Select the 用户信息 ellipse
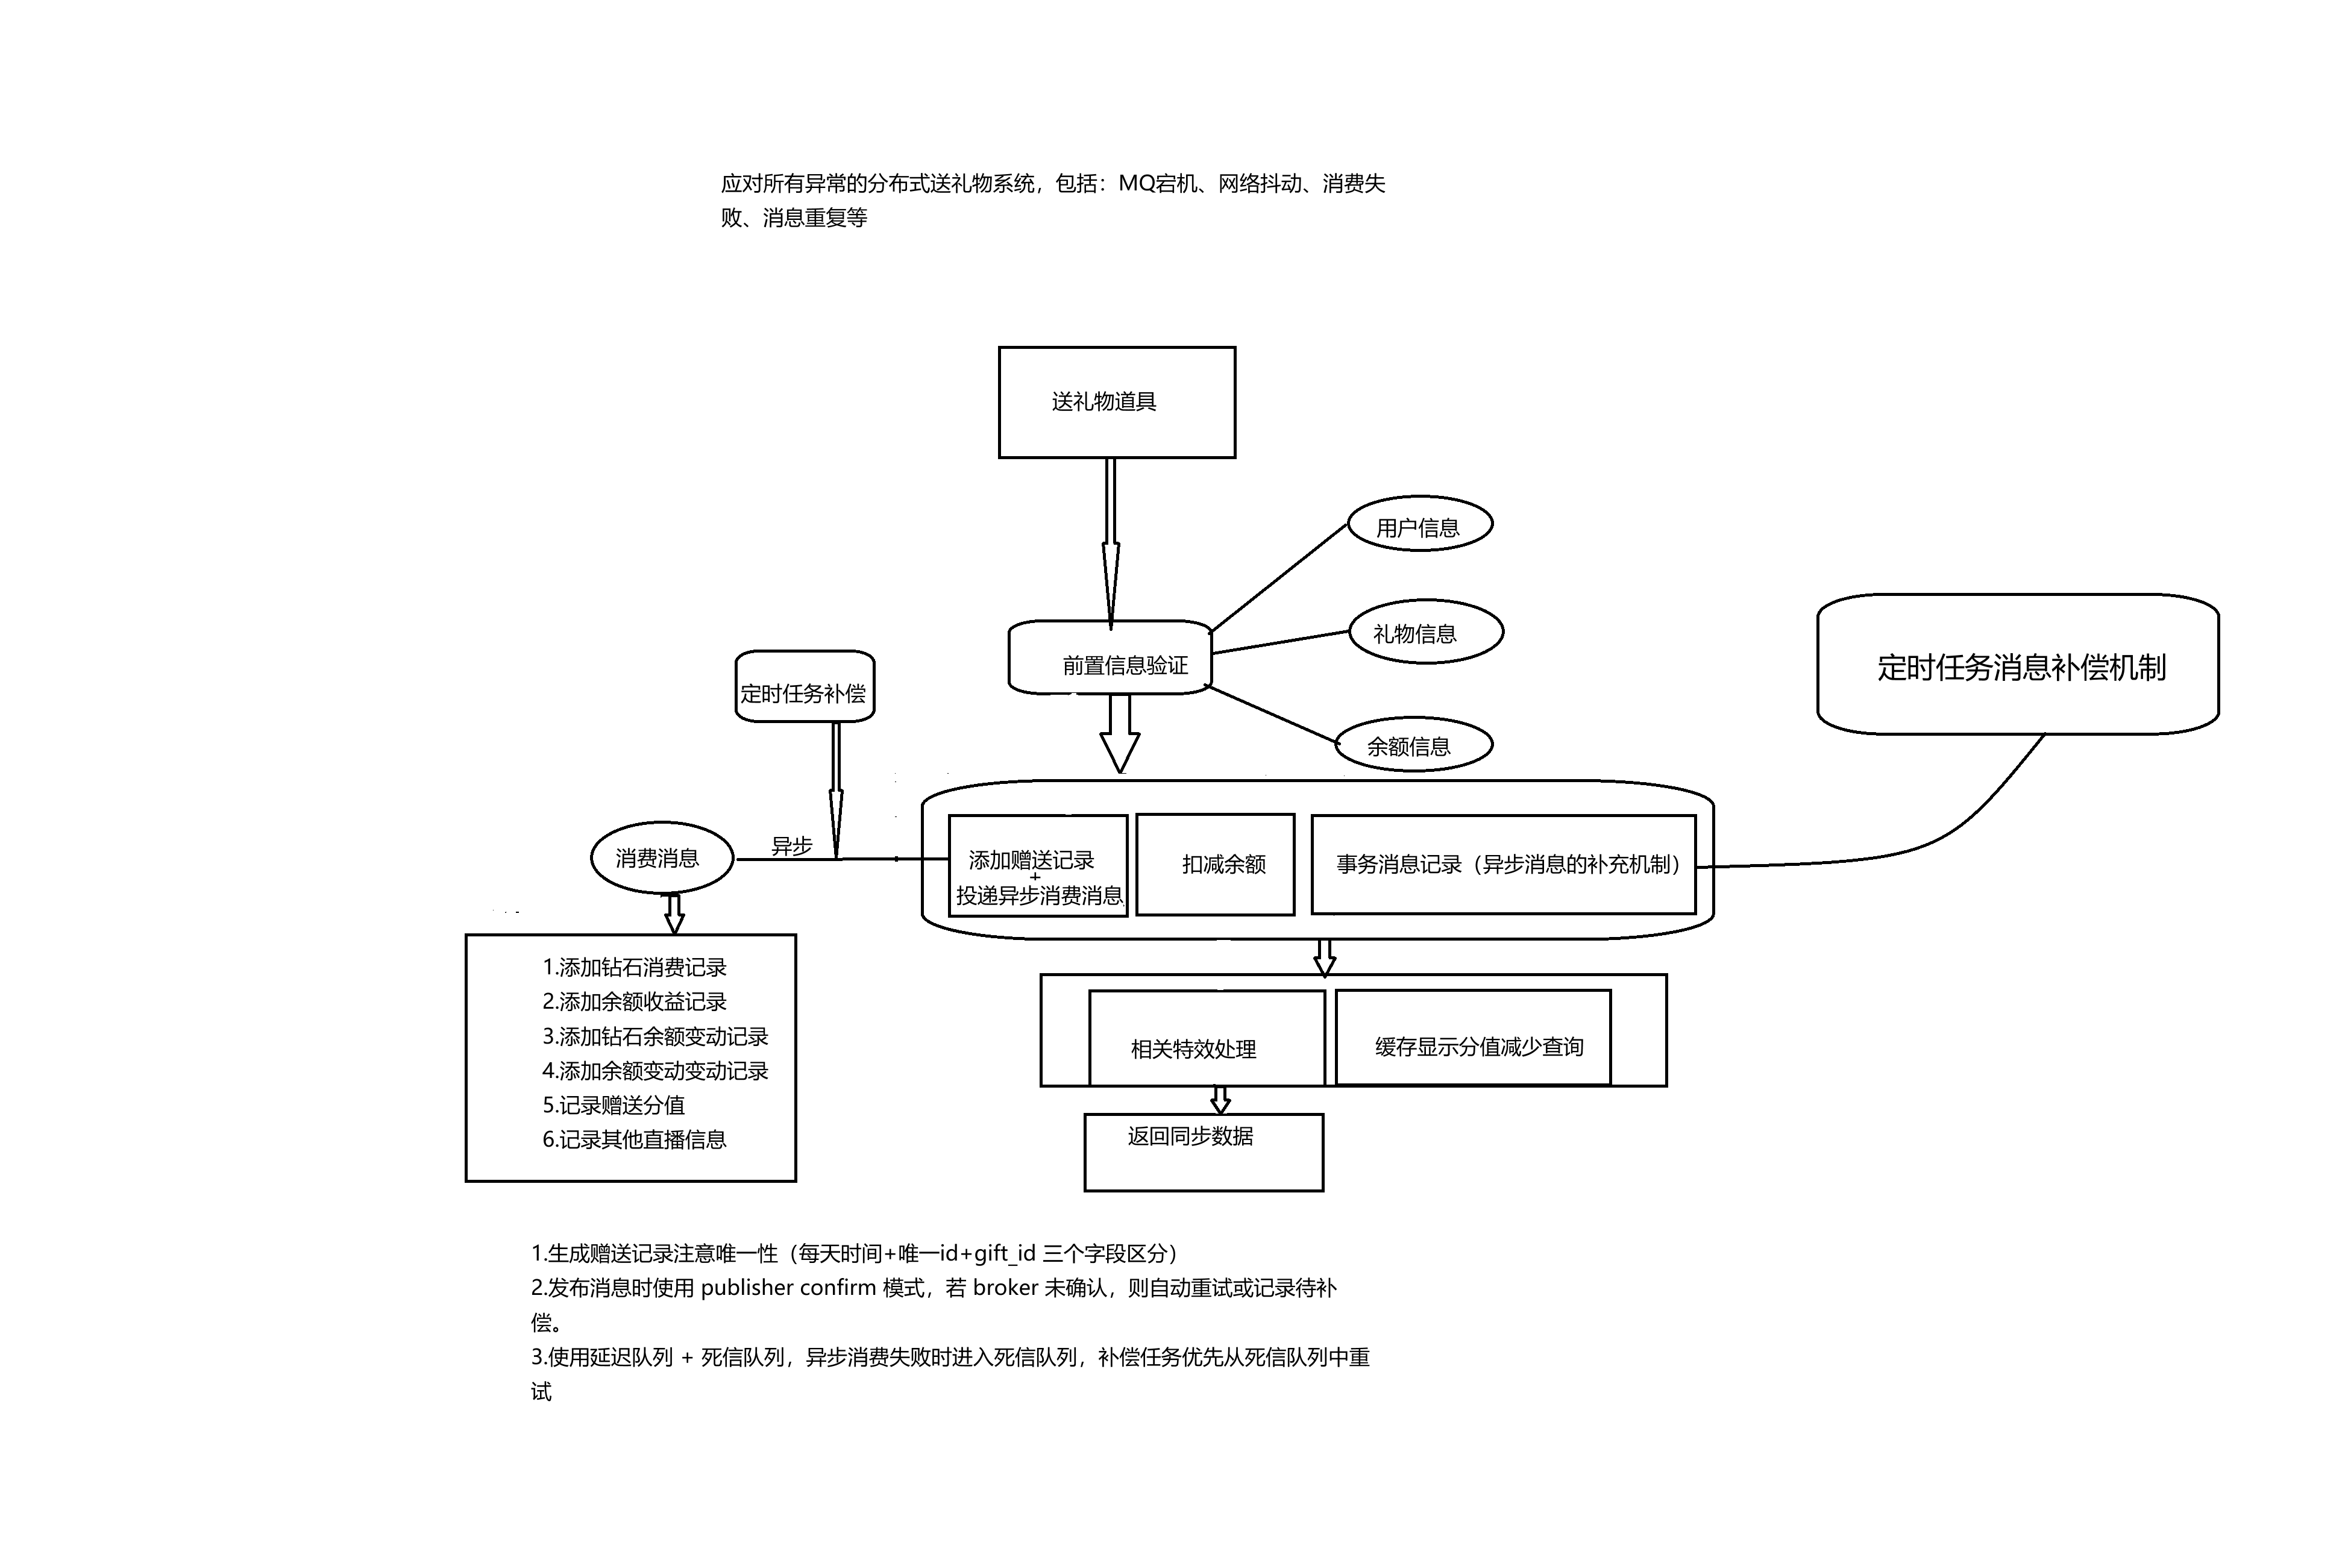(x=1419, y=526)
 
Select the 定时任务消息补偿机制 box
(x=2017, y=666)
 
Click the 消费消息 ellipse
(x=661, y=858)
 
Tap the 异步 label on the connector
(x=791, y=845)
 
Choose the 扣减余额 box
(x=1215, y=864)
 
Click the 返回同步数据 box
(x=1204, y=1151)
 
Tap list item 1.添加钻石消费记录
(x=635, y=967)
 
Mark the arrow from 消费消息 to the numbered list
(x=674, y=913)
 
